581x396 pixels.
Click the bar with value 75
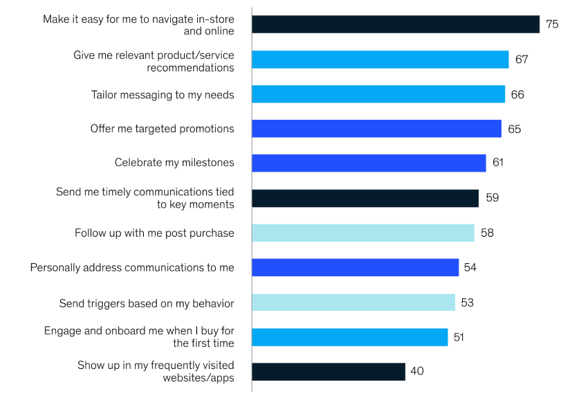pyautogui.click(x=396, y=24)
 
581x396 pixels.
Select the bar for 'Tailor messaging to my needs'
pyautogui.click(x=378, y=94)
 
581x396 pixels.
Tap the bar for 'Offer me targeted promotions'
pyautogui.click(x=376, y=129)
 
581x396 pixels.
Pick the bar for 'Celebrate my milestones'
pyautogui.click(x=369, y=163)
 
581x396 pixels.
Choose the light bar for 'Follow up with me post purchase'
pyautogui.click(x=363, y=233)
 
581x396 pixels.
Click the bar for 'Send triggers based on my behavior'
pyautogui.click(x=353, y=303)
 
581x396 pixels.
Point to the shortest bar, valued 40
pyautogui.click(x=329, y=372)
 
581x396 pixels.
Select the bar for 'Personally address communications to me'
pyautogui.click(x=356, y=267)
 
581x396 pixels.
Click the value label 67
pyautogui.click(x=522, y=60)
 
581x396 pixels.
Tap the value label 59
pyautogui.click(x=492, y=198)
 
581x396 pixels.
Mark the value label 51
pyautogui.click(x=459, y=337)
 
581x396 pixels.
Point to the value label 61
pyautogui.click(x=498, y=163)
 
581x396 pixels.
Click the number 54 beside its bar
pyautogui.click(x=470, y=267)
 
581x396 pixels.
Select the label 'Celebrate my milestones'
pyautogui.click(x=174, y=163)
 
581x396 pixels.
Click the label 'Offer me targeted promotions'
pyautogui.click(x=163, y=129)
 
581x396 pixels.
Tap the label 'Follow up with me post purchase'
pyautogui.click(x=154, y=233)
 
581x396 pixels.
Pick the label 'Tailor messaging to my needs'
pyautogui.click(x=163, y=94)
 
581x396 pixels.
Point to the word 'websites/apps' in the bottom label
pyautogui.click(x=199, y=377)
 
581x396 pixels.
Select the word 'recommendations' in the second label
pyautogui.click(x=190, y=68)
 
